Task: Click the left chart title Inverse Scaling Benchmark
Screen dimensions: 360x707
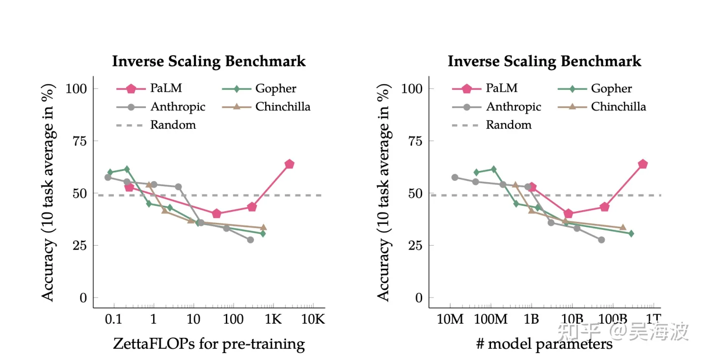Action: pos(209,61)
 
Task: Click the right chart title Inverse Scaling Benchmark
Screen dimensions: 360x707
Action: pos(544,61)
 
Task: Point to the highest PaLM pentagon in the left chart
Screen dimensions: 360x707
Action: pos(289,164)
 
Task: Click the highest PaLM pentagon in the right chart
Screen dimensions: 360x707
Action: pos(643,164)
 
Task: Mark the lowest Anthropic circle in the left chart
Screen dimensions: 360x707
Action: pos(250,240)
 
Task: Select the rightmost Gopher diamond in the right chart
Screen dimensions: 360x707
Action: pos(631,233)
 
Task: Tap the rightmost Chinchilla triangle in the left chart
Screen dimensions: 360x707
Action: pos(263,227)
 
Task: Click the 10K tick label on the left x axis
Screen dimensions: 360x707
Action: pos(313,320)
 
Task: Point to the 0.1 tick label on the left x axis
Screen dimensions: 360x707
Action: pos(113,320)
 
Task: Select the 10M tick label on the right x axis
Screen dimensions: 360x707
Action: pos(450,320)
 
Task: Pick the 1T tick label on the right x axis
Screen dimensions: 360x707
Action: pos(653,320)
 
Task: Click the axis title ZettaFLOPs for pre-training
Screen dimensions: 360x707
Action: pos(209,343)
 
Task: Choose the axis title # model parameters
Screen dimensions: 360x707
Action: pos(544,343)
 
